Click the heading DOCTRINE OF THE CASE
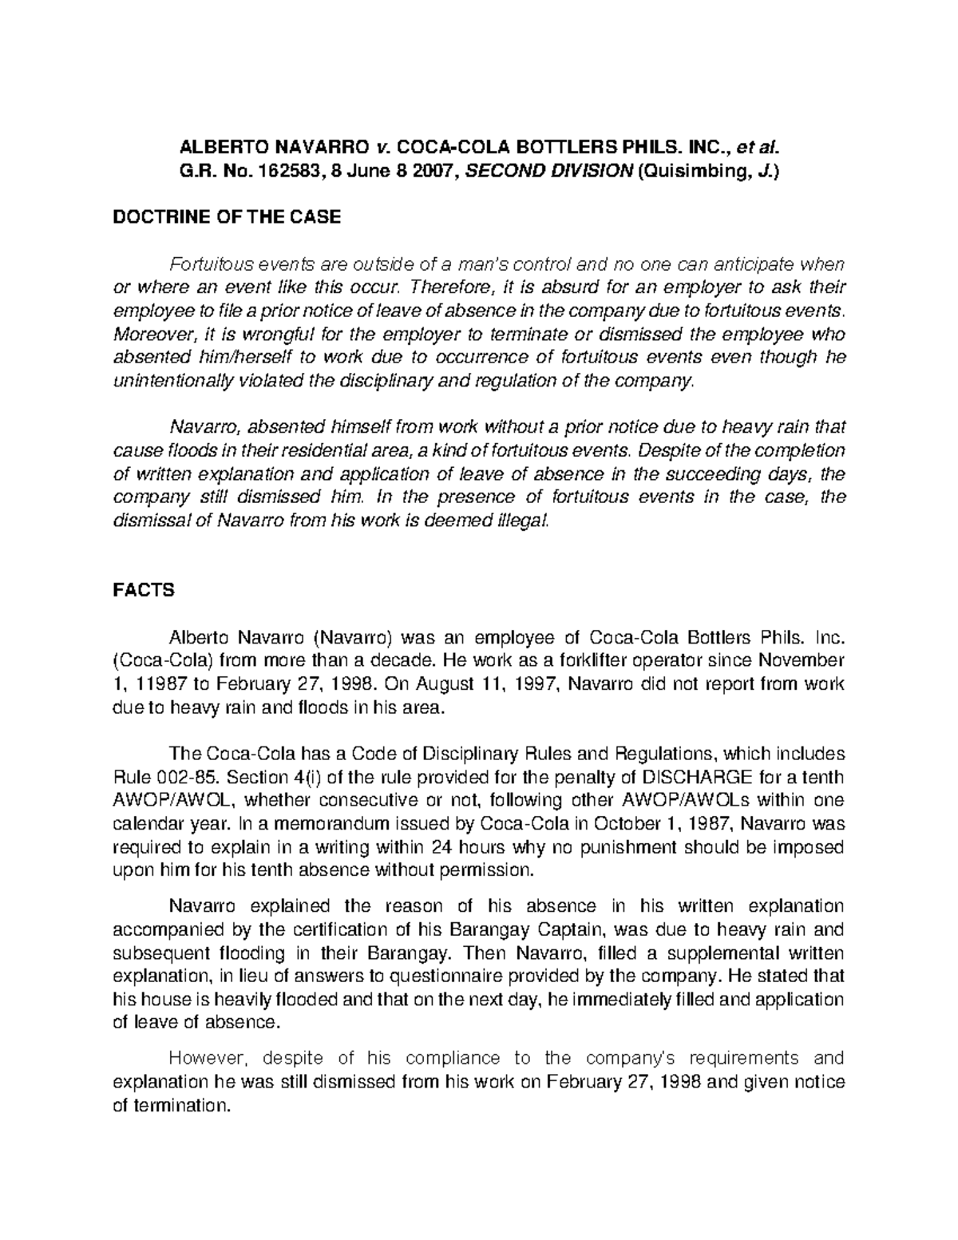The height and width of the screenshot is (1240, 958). [x=227, y=216]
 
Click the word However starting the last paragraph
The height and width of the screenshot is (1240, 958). [x=203, y=1059]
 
